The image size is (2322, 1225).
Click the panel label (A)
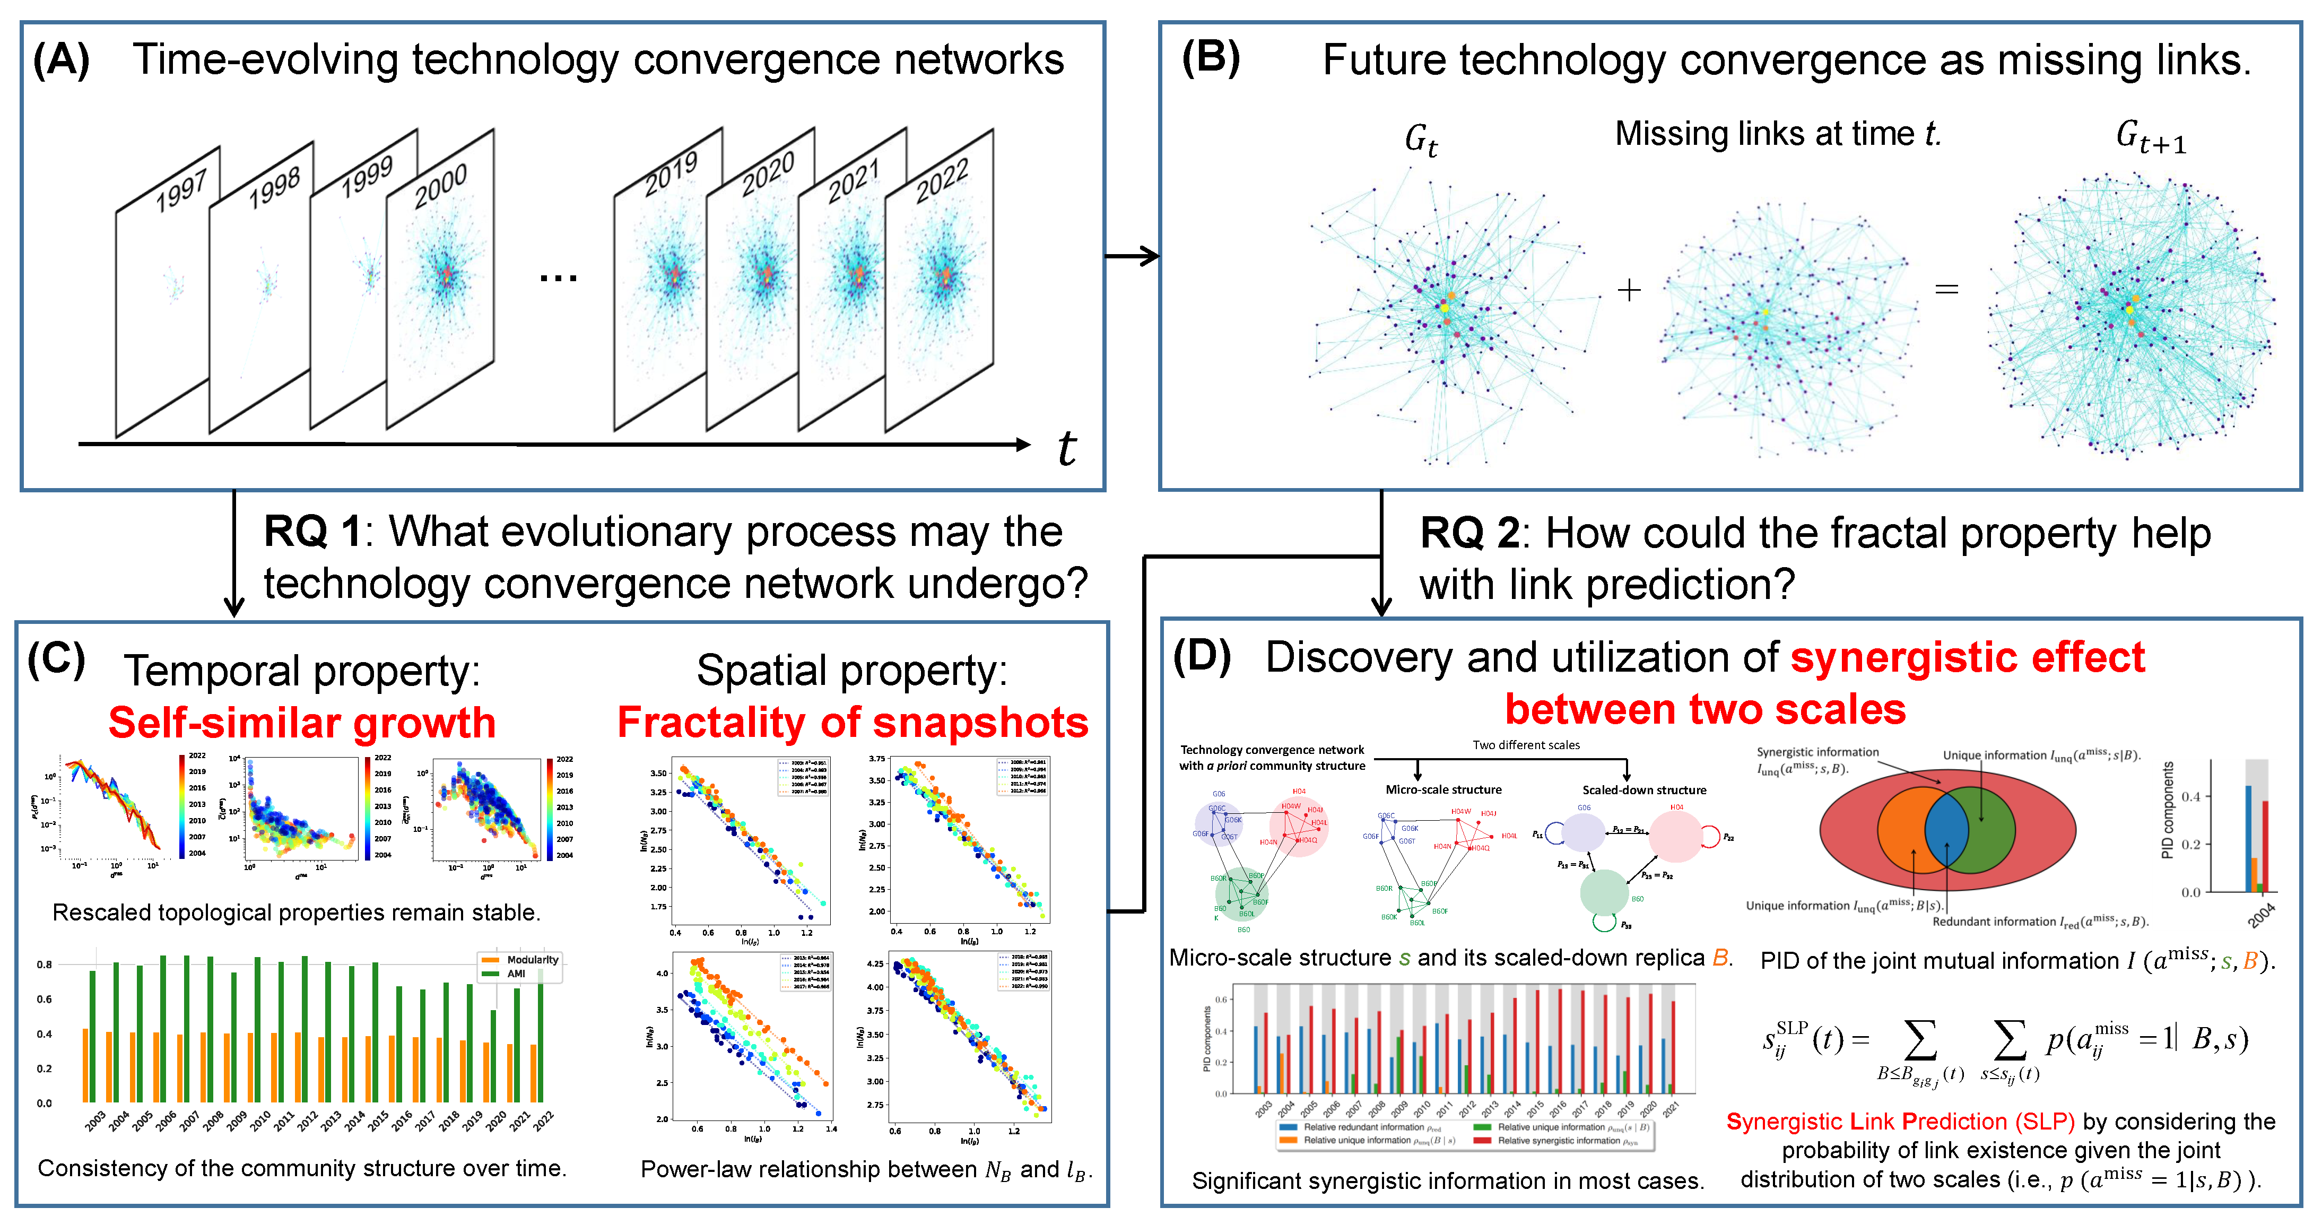pyautogui.click(x=62, y=62)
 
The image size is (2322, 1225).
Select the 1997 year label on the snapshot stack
pyautogui.click(x=182, y=190)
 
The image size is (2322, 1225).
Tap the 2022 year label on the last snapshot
pyautogui.click(x=942, y=180)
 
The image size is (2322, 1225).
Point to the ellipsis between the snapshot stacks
pyautogui.click(x=558, y=277)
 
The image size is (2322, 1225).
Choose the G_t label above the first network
pyautogui.click(x=1421, y=140)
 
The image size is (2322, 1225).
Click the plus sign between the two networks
pyautogui.click(x=1629, y=290)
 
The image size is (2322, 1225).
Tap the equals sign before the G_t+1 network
pyautogui.click(x=1947, y=289)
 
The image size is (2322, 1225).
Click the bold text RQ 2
pyautogui.click(x=1469, y=534)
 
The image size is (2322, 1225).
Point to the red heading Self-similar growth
pyautogui.click(x=302, y=723)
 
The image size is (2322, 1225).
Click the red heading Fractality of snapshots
pyautogui.click(x=853, y=723)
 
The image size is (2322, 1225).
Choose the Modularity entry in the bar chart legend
pyautogui.click(x=532, y=960)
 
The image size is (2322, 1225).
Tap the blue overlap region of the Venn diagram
pyautogui.click(x=1946, y=829)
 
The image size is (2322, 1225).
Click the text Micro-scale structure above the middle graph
pyautogui.click(x=1443, y=789)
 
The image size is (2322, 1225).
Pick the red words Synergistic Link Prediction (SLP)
pyautogui.click(x=1900, y=1122)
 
